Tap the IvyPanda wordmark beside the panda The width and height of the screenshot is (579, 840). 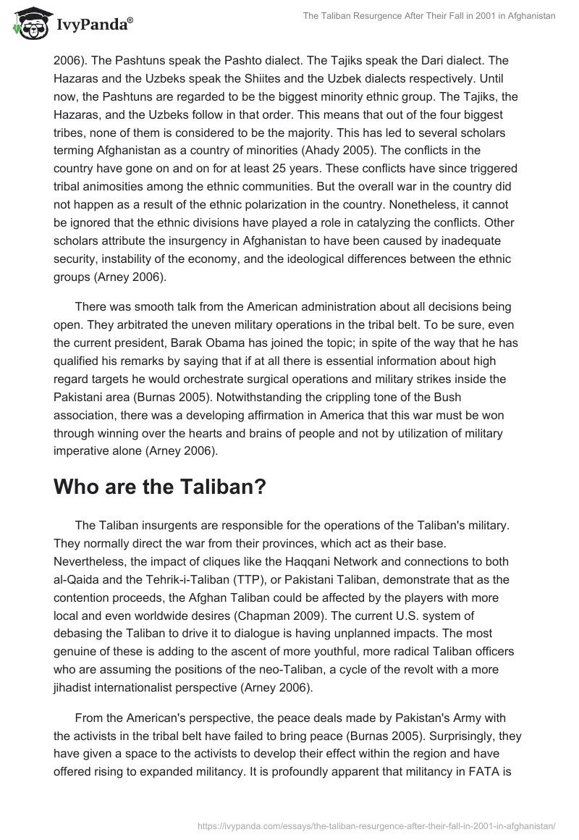(92, 24)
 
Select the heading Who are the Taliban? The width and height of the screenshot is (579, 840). (160, 487)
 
